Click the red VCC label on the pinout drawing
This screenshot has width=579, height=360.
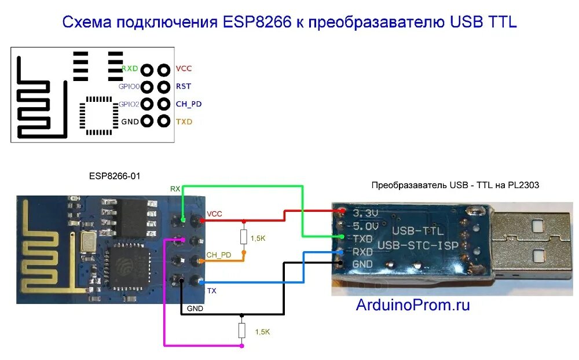pyautogui.click(x=184, y=68)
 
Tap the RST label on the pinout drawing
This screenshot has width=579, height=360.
pyautogui.click(x=183, y=86)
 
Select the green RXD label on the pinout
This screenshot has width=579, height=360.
pyautogui.click(x=130, y=68)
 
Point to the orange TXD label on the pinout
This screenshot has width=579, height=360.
pyautogui.click(x=184, y=122)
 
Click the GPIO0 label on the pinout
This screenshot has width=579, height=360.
pyautogui.click(x=129, y=86)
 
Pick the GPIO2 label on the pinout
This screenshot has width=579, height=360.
pyautogui.click(x=129, y=104)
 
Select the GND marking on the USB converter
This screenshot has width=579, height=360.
pyautogui.click(x=363, y=264)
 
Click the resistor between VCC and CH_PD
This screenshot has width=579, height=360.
pyautogui.click(x=244, y=237)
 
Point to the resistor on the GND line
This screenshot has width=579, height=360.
pyautogui.click(x=242, y=330)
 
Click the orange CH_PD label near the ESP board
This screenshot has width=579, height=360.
pyautogui.click(x=218, y=255)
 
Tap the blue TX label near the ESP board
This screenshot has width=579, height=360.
pyautogui.click(x=211, y=291)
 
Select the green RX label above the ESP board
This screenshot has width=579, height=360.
pyautogui.click(x=175, y=189)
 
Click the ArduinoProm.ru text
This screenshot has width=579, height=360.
pyautogui.click(x=412, y=305)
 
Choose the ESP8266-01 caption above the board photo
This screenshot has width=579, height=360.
pyautogui.click(x=115, y=175)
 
